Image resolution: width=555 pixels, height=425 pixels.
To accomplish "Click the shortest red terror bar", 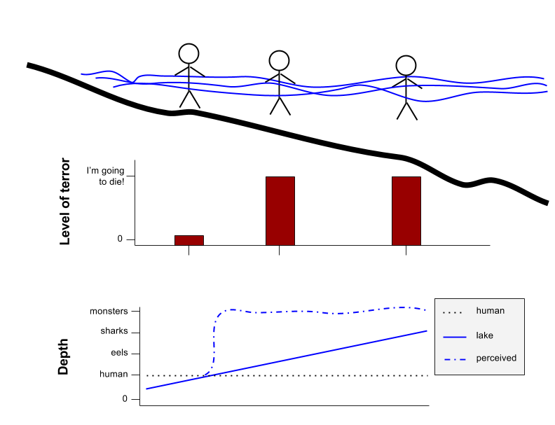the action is point(189,240).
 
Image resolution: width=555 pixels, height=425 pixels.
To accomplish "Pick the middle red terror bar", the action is point(280,211).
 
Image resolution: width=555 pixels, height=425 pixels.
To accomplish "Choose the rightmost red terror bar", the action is point(406,211).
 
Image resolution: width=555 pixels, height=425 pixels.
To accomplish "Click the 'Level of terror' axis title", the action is point(65,201).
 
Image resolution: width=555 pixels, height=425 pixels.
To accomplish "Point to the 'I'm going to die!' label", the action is point(106,176).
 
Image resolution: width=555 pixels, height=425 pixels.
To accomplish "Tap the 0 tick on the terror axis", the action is point(120,239).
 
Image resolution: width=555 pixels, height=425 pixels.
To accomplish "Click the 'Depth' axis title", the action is point(63,356).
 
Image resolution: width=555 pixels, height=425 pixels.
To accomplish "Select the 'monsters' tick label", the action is point(109,311).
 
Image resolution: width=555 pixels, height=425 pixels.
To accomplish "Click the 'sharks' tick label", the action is point(114,331).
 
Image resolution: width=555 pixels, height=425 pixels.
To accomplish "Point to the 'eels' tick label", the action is point(119,352).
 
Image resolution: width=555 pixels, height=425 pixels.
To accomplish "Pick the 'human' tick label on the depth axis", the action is point(114,374).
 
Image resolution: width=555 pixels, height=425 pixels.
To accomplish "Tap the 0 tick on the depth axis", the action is point(125,399).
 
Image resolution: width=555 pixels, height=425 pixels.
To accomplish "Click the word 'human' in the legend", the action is point(491,311).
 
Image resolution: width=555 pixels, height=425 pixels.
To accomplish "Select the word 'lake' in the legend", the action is point(484,335).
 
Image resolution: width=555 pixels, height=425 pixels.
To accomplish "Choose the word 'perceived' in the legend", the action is point(496,358).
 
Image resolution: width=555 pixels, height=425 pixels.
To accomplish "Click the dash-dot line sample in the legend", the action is point(455,360).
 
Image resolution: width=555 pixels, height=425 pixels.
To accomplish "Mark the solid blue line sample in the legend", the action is point(455,337).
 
